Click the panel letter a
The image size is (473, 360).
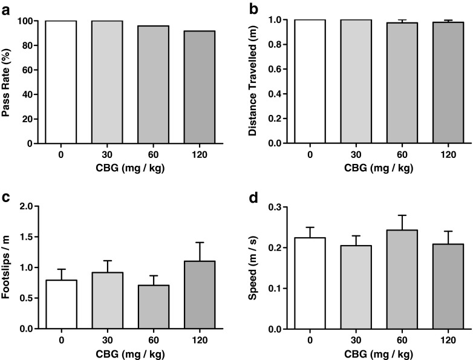coord(7,8)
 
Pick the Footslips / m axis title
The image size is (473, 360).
coord(8,267)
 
